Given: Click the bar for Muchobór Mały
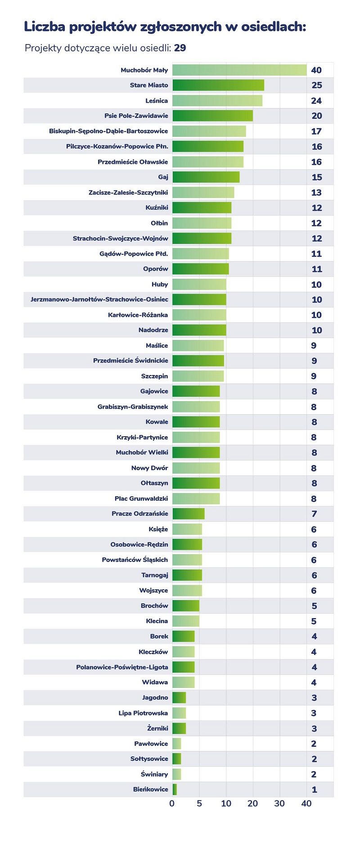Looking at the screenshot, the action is click(x=239, y=70).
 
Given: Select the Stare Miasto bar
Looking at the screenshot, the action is click(x=218, y=85).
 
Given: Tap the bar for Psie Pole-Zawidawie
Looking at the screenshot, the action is click(x=212, y=116).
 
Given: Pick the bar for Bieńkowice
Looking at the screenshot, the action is click(x=175, y=789).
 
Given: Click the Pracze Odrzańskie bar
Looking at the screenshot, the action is click(x=189, y=514).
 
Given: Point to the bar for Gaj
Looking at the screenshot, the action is click(x=206, y=177).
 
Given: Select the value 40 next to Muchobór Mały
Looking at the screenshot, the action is click(x=316, y=70).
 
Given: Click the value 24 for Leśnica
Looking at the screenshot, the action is click(x=316, y=101).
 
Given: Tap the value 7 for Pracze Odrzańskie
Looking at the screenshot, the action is click(x=314, y=514).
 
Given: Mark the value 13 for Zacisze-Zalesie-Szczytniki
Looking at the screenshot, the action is click(x=316, y=193).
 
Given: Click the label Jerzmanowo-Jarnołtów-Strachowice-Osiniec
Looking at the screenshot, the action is click(x=99, y=299).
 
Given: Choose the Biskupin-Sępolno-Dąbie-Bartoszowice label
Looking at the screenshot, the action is click(x=108, y=131).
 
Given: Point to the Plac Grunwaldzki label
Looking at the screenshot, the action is click(x=141, y=498).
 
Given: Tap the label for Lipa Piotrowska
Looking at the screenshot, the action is click(x=143, y=713).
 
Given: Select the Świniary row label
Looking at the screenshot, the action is click(x=154, y=774).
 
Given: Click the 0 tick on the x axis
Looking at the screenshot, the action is click(x=172, y=804).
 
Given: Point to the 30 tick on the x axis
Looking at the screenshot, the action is click(x=279, y=804).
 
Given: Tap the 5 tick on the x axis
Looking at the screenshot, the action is click(x=199, y=804).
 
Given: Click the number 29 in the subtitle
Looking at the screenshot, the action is click(x=180, y=48).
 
